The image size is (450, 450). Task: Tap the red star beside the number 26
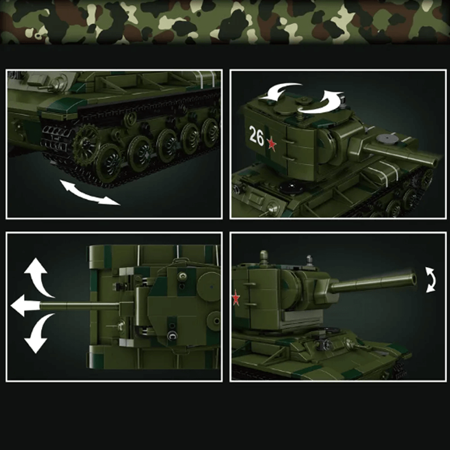pyautogui.click(x=272, y=144)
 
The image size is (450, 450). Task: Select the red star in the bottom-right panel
pyautogui.click(x=235, y=298)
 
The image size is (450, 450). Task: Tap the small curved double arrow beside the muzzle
pyautogui.click(x=431, y=280)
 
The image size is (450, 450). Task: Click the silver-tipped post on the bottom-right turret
pyautogui.click(x=308, y=259)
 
